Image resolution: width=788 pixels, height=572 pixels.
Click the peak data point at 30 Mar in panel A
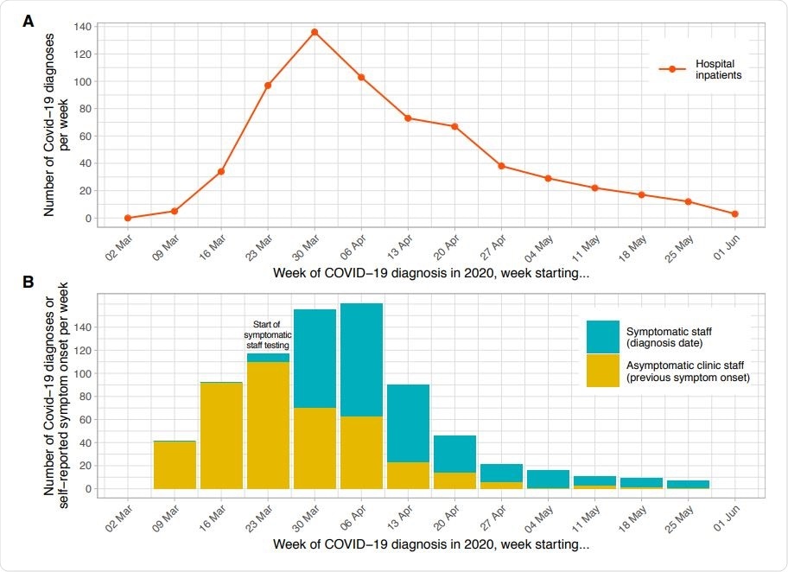click(x=315, y=32)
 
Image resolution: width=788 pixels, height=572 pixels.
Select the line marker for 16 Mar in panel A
click(x=221, y=172)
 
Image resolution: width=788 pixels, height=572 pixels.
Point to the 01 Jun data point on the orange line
click(x=734, y=213)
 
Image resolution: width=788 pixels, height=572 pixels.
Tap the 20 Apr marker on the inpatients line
click(x=454, y=126)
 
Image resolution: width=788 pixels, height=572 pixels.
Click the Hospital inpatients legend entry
click(x=700, y=69)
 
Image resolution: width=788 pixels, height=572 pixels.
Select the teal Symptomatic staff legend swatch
click(x=603, y=336)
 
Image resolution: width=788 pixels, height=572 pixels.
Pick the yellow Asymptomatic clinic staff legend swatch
click(x=603, y=371)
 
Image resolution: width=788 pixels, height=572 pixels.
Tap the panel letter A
click(x=29, y=22)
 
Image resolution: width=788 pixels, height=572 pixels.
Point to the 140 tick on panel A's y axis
click(x=82, y=27)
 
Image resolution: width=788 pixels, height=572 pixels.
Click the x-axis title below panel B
click(x=431, y=545)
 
